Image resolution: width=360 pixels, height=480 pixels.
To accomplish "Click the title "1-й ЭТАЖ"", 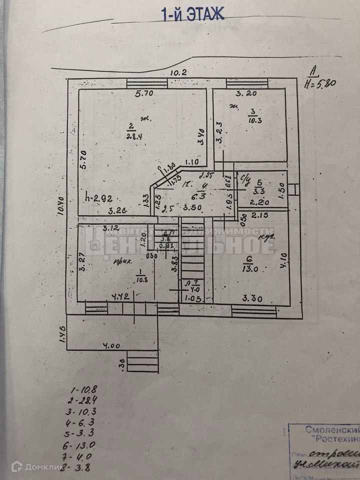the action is click(192, 14).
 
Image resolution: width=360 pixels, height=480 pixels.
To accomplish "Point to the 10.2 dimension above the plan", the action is click(178, 72).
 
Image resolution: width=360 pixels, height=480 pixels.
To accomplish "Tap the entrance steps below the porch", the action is click(142, 361).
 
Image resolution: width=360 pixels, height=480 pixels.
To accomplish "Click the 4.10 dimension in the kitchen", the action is click(283, 260).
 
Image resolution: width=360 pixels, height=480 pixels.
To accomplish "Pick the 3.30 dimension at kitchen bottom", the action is click(252, 299).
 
